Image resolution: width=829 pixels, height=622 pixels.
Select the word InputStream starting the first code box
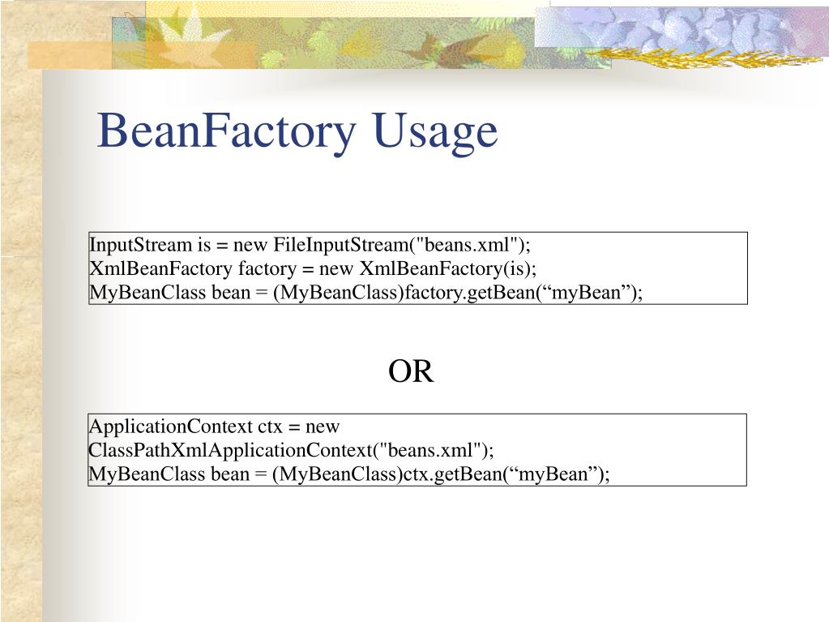139,245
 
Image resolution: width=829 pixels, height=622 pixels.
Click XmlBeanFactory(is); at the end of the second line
448,268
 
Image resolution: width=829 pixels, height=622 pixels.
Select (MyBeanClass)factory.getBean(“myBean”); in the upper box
457,292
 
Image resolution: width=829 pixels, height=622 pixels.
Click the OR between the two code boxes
411,372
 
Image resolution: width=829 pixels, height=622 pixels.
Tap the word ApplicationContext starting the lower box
170,427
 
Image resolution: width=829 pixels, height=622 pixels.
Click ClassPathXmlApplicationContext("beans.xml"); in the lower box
291,450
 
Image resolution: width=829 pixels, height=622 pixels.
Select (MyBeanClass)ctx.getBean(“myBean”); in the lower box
441,474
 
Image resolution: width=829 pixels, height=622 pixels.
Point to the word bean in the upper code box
231,292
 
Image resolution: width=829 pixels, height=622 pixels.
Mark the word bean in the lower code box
231,474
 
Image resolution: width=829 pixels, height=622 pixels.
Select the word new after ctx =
323,427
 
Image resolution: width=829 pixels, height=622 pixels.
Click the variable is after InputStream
203,245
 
